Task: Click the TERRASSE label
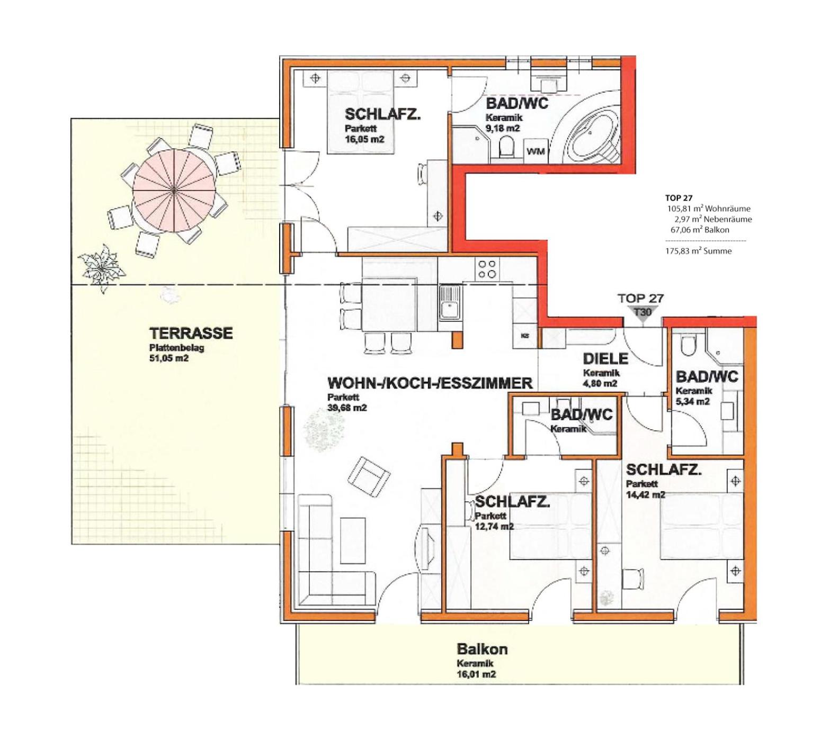click(191, 333)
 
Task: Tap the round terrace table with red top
click(174, 190)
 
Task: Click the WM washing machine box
click(535, 151)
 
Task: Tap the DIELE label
click(605, 358)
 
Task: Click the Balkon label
click(482, 649)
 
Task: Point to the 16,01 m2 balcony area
click(476, 674)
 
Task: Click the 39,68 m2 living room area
click(347, 408)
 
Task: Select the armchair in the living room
click(369, 476)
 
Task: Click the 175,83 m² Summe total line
click(698, 251)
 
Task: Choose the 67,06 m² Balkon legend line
click(700, 230)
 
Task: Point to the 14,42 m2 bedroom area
click(645, 495)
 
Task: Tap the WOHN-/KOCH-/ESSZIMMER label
click(430, 383)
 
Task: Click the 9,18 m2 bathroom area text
click(503, 128)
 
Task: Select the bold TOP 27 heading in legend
click(679, 198)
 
